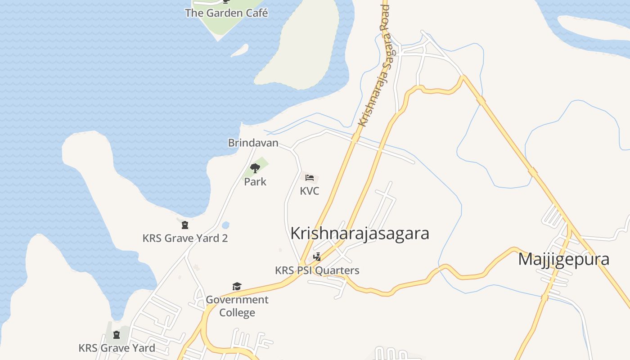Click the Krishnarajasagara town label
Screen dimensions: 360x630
(x=360, y=234)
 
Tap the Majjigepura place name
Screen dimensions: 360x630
(x=564, y=259)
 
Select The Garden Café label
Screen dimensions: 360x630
(x=226, y=13)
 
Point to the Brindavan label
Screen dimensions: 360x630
(x=253, y=143)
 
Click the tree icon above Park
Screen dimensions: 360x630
(x=255, y=169)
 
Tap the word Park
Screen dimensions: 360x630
(x=255, y=182)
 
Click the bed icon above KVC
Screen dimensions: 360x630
(x=310, y=178)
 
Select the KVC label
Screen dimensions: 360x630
(x=310, y=191)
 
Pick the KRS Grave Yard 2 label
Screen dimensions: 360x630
(x=185, y=238)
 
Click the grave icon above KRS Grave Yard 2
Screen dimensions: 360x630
(x=185, y=225)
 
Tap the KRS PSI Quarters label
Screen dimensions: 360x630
(x=317, y=270)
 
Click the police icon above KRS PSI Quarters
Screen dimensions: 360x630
(x=317, y=257)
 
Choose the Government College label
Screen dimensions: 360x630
(x=237, y=306)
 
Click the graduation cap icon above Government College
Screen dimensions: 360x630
(x=237, y=287)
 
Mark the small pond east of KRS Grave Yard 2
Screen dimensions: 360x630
(x=225, y=225)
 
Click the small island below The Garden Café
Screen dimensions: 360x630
(x=239, y=50)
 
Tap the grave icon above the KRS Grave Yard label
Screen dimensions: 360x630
(x=117, y=335)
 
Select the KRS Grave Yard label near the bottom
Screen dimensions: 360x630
(x=117, y=348)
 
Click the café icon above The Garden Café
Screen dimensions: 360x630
(x=226, y=1)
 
